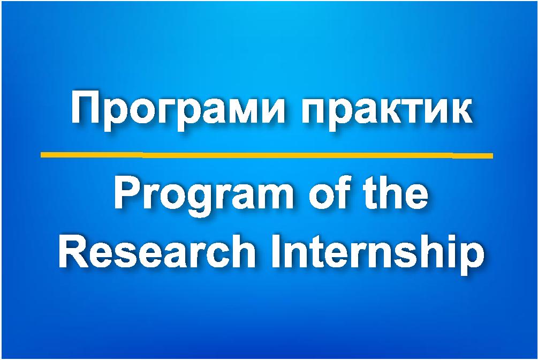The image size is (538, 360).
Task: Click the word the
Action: [396, 192]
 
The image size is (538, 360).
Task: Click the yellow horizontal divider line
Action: [267, 155]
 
